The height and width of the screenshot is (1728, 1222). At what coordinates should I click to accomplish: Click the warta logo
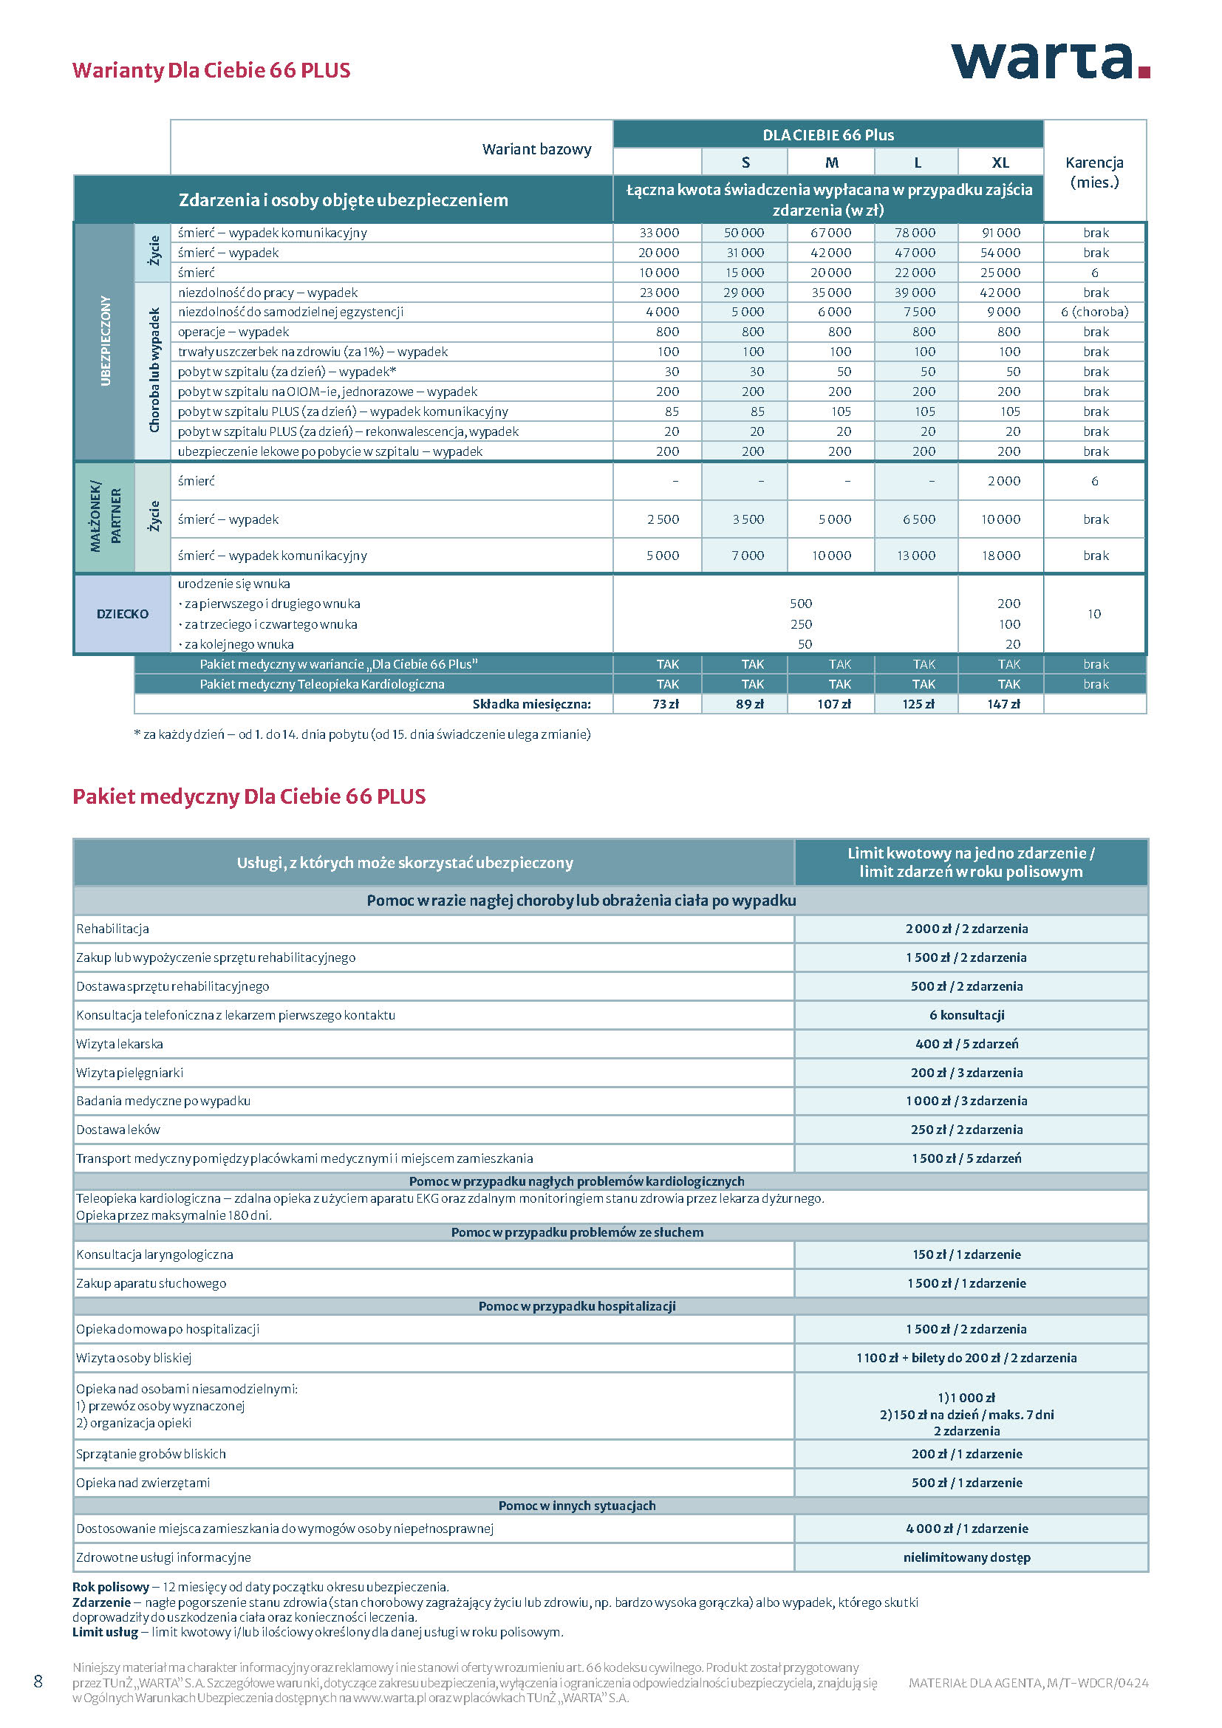coord(1050,61)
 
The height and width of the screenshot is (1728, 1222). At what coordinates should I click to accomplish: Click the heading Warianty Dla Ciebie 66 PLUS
coord(211,70)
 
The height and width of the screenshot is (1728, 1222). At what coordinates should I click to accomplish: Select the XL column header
coord(1000,163)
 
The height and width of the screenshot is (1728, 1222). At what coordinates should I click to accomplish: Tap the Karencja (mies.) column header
coord(1094,172)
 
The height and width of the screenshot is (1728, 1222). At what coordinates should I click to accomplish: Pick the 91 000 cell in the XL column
coord(1001,233)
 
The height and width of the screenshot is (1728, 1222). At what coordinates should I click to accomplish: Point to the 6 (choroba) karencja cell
coord(1094,312)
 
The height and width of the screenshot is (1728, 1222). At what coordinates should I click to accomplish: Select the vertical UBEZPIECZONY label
coord(106,341)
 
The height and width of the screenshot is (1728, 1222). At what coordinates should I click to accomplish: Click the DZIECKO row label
coord(123,614)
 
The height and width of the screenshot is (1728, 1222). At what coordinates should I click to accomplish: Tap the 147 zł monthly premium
coord(1003,705)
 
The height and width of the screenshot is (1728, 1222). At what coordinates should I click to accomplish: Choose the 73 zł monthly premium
coord(665,705)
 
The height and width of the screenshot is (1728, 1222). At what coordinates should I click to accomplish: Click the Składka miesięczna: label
coord(531,705)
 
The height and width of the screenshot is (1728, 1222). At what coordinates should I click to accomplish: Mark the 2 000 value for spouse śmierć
coord(1004,481)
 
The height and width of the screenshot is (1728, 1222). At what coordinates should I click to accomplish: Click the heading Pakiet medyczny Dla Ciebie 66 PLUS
coord(249,796)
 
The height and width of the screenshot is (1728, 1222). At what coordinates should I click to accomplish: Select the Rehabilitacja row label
coord(113,929)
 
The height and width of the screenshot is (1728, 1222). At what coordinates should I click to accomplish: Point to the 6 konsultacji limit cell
coord(966,1015)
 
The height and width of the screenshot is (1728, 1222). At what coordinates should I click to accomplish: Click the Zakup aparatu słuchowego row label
coord(151,1283)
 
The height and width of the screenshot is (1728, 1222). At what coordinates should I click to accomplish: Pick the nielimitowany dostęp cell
coord(966,1557)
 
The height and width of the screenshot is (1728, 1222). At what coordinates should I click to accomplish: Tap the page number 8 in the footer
coord(38,1681)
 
